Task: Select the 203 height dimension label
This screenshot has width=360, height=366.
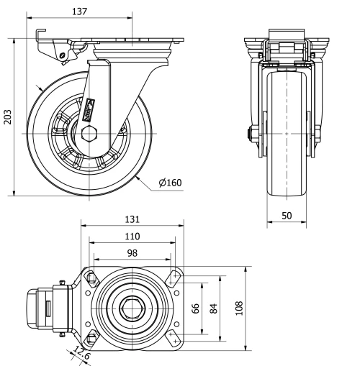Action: click(8, 117)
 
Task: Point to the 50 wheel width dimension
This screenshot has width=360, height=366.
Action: click(287, 215)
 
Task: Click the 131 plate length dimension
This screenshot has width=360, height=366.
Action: click(131, 219)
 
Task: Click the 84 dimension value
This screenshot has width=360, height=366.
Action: click(213, 308)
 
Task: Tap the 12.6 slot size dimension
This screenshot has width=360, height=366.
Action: click(81, 354)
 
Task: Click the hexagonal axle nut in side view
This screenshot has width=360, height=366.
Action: click(90, 134)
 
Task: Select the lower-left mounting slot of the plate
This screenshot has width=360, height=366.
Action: click(91, 338)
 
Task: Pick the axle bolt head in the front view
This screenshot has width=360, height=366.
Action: click(249, 133)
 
